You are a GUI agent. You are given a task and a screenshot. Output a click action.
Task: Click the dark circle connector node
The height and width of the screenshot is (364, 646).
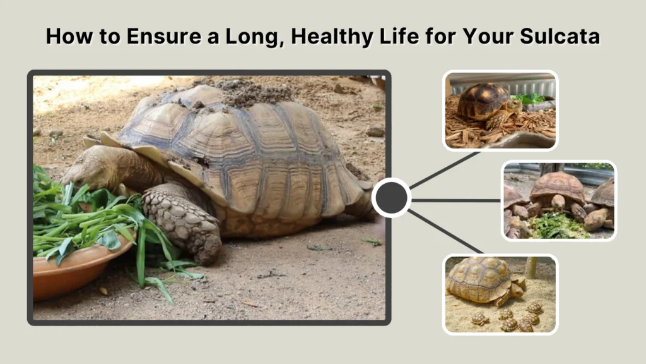[391, 198]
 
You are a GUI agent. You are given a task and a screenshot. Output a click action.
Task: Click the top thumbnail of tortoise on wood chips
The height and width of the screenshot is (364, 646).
[500, 111]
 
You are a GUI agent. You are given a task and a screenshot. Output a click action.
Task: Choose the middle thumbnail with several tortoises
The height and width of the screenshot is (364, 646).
[559, 200]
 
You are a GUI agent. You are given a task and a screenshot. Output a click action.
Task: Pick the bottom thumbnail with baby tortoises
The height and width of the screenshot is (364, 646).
[501, 294]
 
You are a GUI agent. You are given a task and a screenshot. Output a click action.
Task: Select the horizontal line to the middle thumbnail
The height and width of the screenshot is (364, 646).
[455, 200]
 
